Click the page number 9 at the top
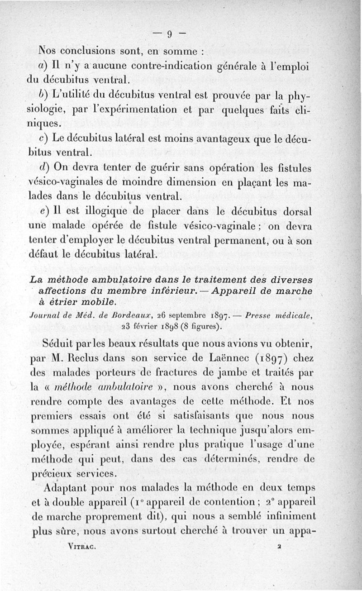[x=169, y=33]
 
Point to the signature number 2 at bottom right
[x=281, y=547]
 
